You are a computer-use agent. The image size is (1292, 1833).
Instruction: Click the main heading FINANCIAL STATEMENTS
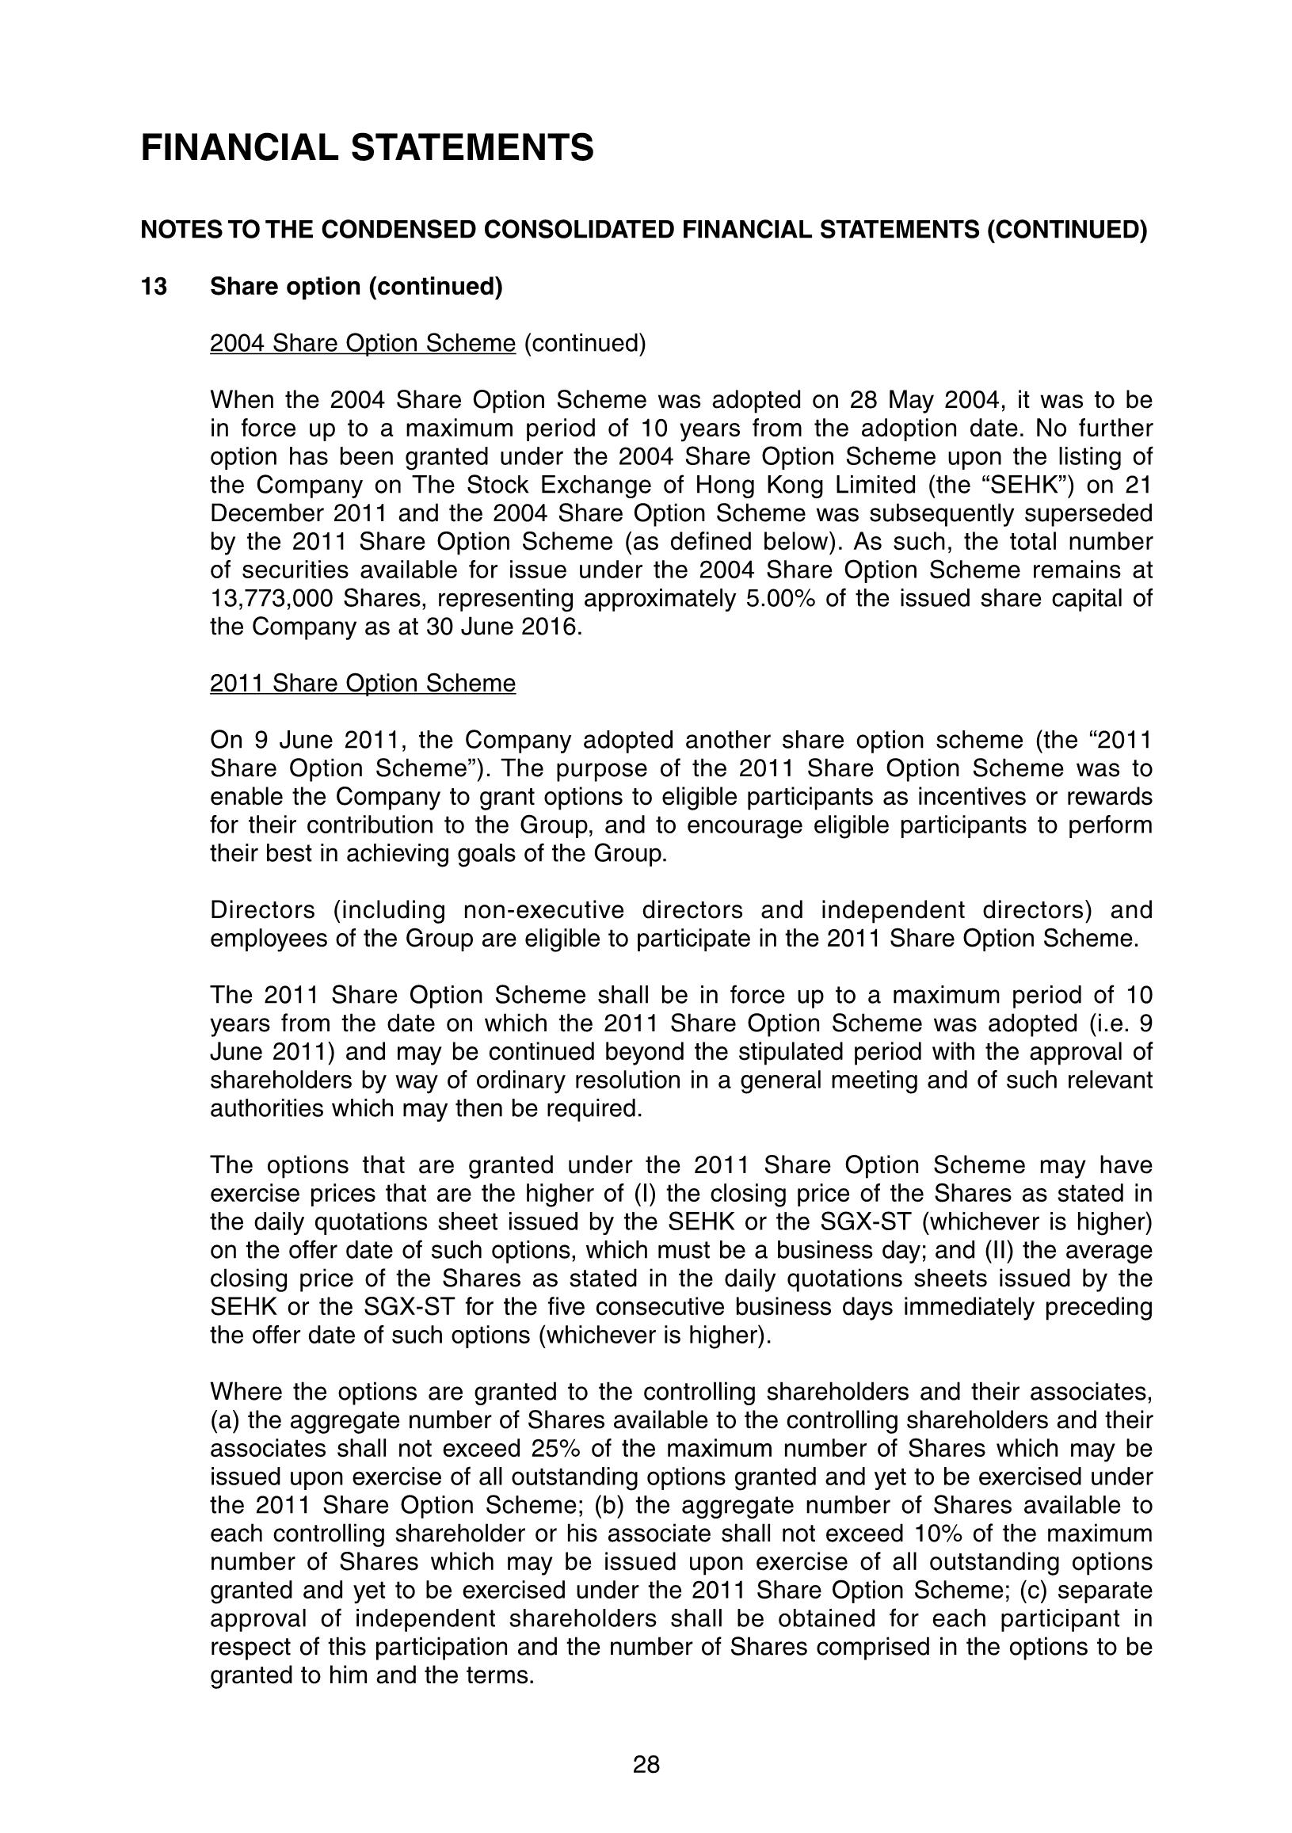point(367,148)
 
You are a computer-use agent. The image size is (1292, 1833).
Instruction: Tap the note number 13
point(154,287)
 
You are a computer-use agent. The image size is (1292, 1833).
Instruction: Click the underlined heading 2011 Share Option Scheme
point(363,684)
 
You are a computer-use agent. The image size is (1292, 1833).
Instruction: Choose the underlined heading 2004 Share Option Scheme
point(363,343)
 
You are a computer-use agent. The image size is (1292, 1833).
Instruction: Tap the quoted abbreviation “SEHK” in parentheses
point(1037,486)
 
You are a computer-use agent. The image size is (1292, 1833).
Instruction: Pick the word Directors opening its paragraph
point(263,910)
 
